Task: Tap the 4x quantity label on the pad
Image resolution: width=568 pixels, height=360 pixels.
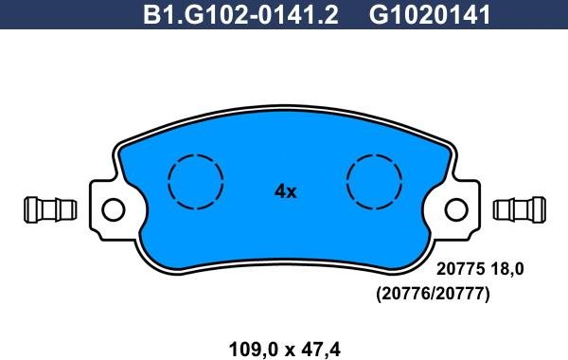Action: pyautogui.click(x=285, y=191)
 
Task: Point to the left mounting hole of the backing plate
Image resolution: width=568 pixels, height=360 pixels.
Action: pyautogui.click(x=113, y=208)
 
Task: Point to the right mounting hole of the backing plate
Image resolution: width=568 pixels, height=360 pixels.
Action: pyautogui.click(x=458, y=208)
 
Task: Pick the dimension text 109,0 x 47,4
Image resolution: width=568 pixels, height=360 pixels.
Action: pyautogui.click(x=285, y=349)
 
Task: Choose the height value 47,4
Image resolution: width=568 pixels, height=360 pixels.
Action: pyautogui.click(x=320, y=349)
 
